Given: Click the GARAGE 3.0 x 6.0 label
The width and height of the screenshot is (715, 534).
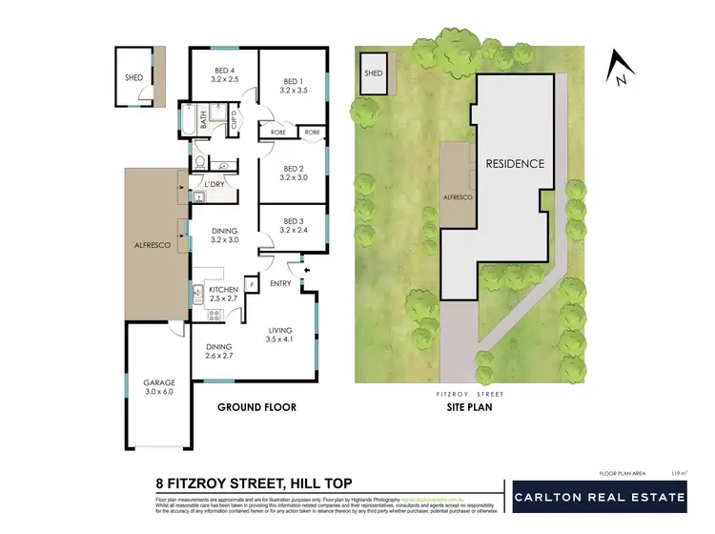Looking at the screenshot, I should pyautogui.click(x=159, y=387).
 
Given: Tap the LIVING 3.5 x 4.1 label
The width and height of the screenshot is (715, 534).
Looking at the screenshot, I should pyautogui.click(x=284, y=333).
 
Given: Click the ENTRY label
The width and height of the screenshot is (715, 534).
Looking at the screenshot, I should pyautogui.click(x=280, y=283).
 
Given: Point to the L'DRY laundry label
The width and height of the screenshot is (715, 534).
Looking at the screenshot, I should pyautogui.click(x=214, y=183).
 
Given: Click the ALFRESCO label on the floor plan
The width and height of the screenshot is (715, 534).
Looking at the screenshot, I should pyautogui.click(x=153, y=245).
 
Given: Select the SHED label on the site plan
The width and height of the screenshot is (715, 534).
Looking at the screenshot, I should pyautogui.click(x=374, y=73).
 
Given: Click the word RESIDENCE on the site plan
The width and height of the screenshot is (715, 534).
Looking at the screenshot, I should pyautogui.click(x=515, y=163).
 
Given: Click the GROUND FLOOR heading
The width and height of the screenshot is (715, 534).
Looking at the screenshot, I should pyautogui.click(x=256, y=407).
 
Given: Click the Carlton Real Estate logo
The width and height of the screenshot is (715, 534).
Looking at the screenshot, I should pyautogui.click(x=599, y=497).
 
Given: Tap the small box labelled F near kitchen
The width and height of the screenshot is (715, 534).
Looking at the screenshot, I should pyautogui.click(x=251, y=283).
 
